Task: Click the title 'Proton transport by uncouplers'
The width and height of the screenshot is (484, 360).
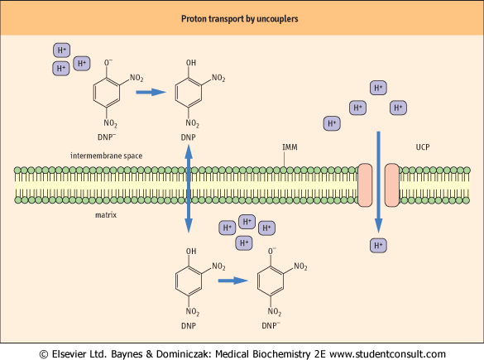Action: coord(240,19)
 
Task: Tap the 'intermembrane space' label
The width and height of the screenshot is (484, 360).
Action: coord(106,156)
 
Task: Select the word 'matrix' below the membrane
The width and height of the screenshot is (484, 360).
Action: coord(106,215)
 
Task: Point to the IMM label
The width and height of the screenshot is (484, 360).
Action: coord(290,147)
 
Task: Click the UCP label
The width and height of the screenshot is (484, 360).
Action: coord(423,147)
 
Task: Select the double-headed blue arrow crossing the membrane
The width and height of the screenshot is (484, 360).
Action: coord(189,189)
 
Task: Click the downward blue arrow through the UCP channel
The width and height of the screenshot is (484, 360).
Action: coord(378,182)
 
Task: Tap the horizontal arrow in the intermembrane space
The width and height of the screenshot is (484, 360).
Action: coord(151,92)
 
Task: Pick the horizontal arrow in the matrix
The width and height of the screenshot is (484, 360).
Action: coord(233,281)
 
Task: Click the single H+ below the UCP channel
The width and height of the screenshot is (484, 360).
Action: coord(378,246)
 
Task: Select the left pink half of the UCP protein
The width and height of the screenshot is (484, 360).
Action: coord(365,185)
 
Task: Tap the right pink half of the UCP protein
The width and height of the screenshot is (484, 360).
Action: coord(392,185)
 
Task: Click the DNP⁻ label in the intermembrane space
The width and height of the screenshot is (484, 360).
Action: coord(107,137)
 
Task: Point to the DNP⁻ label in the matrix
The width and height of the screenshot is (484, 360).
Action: coord(271,325)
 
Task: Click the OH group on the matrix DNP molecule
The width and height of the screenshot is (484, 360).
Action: coord(191,252)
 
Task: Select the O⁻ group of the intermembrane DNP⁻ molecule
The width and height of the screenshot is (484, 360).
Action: coord(108,62)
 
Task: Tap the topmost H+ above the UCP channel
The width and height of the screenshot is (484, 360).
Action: coord(378,88)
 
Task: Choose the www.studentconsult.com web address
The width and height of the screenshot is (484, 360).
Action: coord(387,354)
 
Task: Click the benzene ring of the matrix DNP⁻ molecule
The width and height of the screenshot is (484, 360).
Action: coord(271,281)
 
